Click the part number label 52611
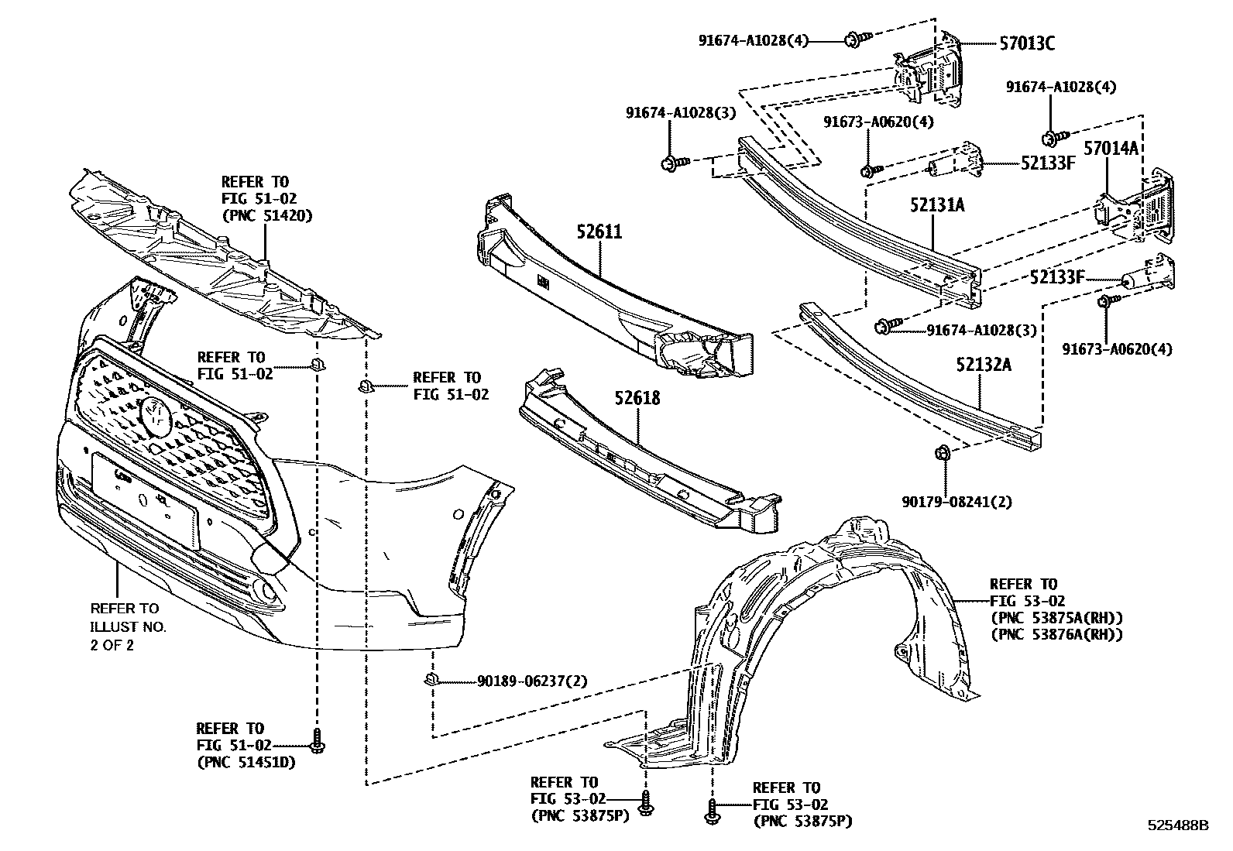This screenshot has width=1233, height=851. click(x=599, y=232)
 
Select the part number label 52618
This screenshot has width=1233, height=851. click(x=637, y=398)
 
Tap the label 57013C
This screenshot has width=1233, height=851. click(x=1025, y=44)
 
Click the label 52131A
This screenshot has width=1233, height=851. click(x=937, y=205)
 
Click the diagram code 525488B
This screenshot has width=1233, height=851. click(x=1177, y=825)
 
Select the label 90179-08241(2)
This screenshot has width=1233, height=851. click(x=957, y=502)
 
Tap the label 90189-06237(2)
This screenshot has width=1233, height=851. click(x=532, y=681)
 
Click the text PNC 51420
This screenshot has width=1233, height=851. click(x=267, y=216)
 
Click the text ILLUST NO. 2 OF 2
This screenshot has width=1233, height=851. click(x=129, y=635)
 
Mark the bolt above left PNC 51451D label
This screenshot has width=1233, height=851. click(x=316, y=741)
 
